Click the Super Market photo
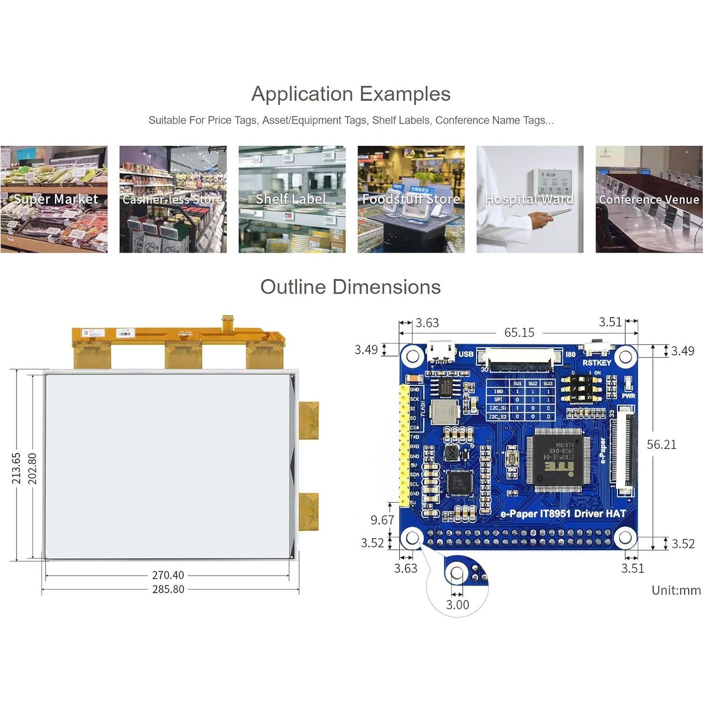[54, 199]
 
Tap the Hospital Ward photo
[530, 199]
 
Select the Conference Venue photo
[649, 199]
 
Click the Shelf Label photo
[292, 199]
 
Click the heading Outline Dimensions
[351, 287]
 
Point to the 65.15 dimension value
[519, 333]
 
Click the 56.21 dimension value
[661, 445]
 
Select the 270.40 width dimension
[168, 575]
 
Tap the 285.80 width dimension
[168, 589]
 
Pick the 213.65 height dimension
[16, 468]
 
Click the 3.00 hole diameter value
[457, 605]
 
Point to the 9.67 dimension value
[382, 520]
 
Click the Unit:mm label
[676, 591]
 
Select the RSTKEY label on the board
[597, 363]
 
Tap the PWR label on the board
[629, 396]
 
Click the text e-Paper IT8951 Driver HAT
[563, 514]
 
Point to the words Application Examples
[351, 94]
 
